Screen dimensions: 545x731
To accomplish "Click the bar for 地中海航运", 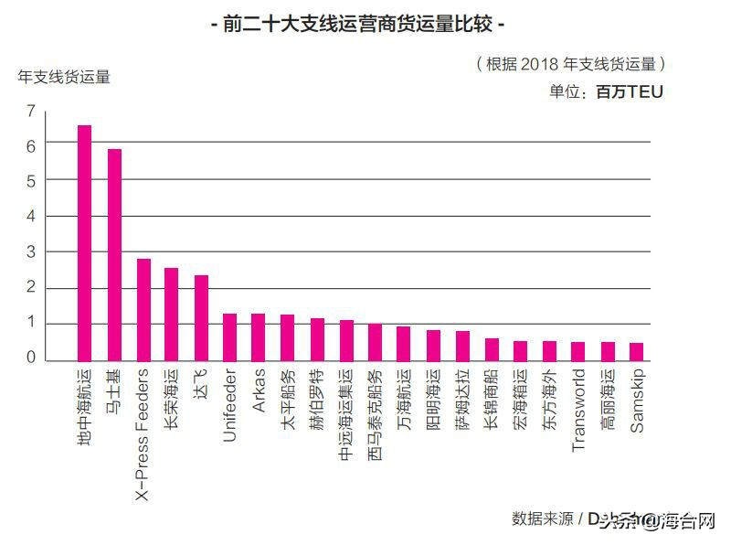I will click(84, 243).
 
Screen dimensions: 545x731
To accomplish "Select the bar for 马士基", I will click(114, 255).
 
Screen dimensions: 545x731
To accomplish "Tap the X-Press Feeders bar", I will click(143, 310).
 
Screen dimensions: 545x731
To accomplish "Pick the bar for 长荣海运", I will click(172, 315).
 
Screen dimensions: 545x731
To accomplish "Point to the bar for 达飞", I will click(201, 318).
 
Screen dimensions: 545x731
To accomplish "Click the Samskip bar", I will click(636, 352).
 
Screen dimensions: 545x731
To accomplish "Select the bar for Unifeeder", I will click(230, 337).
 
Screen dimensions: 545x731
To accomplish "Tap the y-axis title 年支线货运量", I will click(64, 77).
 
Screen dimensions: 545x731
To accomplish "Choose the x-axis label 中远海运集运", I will click(345, 408).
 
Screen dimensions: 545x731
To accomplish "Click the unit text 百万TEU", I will click(630, 91).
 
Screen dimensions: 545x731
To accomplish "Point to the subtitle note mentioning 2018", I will click(570, 64).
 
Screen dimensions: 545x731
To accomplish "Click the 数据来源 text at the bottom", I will click(542, 518).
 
